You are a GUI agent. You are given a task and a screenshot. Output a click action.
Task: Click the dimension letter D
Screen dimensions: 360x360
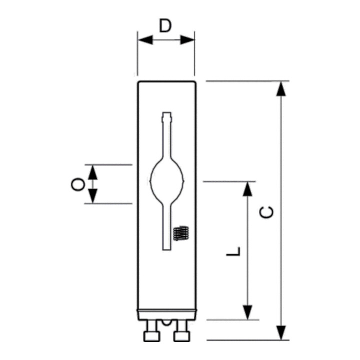click(x=165, y=25)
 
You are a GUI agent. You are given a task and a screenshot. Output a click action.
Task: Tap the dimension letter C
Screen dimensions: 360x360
click(x=266, y=212)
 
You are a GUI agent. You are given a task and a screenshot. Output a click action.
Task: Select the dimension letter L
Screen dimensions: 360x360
click(x=233, y=251)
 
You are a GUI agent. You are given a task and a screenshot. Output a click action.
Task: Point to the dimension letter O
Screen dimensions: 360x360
click(x=78, y=184)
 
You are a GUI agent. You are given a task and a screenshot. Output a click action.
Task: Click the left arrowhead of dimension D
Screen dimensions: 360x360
click(x=145, y=40)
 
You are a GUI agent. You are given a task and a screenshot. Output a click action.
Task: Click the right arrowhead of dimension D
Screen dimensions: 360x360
click(x=187, y=40)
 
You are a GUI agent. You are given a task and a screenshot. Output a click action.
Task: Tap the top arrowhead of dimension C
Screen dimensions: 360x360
click(x=281, y=88)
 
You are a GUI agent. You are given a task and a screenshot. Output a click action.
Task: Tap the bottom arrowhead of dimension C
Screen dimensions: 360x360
click(x=281, y=332)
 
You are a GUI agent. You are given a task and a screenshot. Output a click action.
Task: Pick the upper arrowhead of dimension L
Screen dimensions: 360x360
click(x=247, y=188)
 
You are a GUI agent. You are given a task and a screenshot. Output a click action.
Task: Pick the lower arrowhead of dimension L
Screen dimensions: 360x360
click(x=247, y=312)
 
